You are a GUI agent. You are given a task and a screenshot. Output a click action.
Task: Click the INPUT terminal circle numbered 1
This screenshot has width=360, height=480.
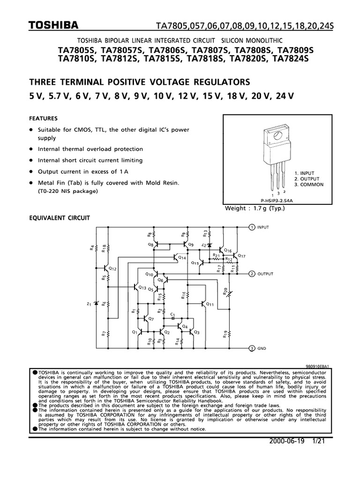(x=251, y=226)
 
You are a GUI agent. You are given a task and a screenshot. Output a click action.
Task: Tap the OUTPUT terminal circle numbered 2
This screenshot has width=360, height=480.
(x=251, y=273)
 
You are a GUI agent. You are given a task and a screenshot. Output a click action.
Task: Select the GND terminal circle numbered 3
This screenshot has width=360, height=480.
(x=251, y=348)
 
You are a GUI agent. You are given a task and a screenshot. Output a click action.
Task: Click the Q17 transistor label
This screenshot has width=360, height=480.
(x=241, y=256)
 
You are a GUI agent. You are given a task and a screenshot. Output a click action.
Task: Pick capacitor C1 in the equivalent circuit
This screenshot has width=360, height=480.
(x=172, y=317)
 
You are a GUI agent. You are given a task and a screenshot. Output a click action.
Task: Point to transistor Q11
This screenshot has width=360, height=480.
(x=204, y=304)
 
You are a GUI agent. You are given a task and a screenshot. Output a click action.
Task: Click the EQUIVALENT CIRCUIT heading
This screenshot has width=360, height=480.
(x=59, y=218)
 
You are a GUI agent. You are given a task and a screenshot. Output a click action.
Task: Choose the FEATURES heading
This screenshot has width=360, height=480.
(x=44, y=119)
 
